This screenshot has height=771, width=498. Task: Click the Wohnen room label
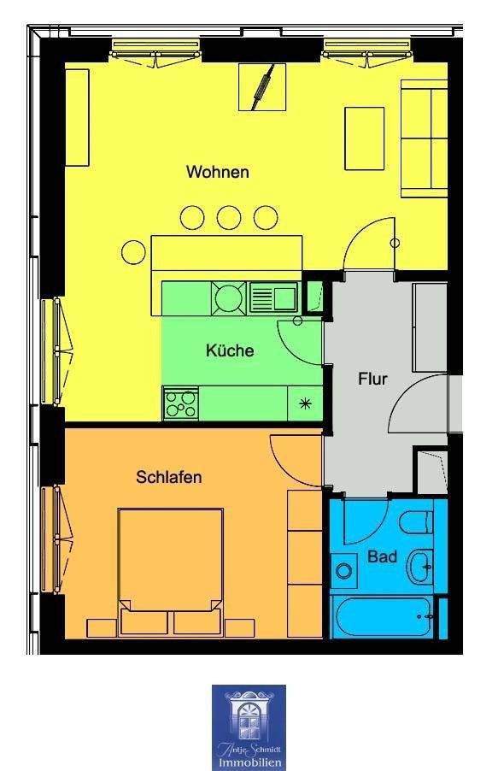point(217,172)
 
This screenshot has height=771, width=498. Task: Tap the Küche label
point(230,350)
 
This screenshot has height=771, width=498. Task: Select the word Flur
point(372,380)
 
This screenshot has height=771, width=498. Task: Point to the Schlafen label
point(168,477)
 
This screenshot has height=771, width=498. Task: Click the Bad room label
point(382,556)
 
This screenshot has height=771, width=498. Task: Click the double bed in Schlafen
point(170,571)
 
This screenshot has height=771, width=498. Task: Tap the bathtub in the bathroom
point(383,615)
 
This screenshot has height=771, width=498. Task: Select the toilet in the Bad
point(416,522)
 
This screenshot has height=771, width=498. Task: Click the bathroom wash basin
point(419,567)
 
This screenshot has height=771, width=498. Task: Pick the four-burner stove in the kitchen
point(180,403)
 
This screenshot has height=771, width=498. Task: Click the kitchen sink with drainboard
point(273,297)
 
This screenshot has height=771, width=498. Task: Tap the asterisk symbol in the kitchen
point(305,404)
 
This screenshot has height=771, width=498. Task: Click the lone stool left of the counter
point(133,253)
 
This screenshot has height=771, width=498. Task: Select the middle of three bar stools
point(229,217)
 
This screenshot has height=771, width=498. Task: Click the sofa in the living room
point(425,138)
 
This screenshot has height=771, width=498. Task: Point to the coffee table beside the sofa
point(364,138)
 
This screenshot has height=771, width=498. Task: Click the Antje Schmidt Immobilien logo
point(249,727)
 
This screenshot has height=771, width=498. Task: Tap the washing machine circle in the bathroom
point(343,571)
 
